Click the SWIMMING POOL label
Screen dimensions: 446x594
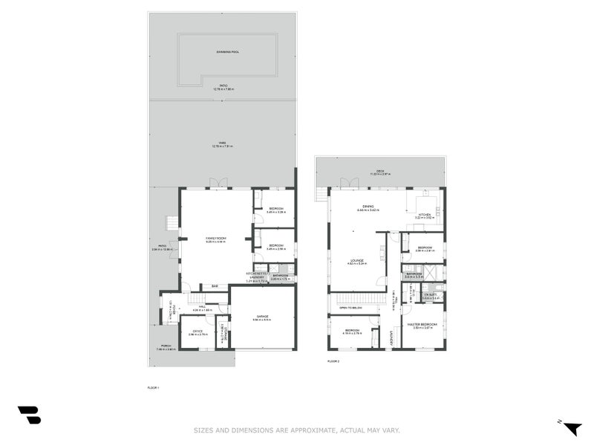coord(228,52)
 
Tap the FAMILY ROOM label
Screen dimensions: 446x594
coord(216,238)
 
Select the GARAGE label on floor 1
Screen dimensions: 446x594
coord(263,317)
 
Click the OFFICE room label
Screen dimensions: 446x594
coord(198,331)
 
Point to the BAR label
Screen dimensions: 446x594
coord(215,287)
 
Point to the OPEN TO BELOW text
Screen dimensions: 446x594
coord(350,307)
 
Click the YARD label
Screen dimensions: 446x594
coord(222,143)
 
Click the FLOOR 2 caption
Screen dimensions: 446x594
coord(333,361)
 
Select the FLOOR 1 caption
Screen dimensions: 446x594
coord(153,387)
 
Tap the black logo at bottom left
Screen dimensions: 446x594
coord(29,415)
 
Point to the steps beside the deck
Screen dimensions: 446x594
coord(320,194)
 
